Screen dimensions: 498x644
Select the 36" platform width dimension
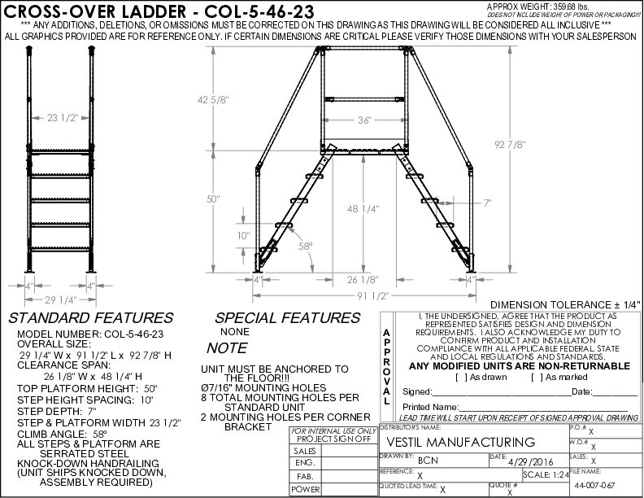[363, 120]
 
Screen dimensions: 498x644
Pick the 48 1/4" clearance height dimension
[366, 208]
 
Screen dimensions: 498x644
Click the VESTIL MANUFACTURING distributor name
[460, 442]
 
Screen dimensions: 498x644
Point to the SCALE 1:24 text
[546, 474]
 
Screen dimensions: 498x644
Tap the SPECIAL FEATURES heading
[276, 318]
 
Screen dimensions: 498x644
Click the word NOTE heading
[227, 347]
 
